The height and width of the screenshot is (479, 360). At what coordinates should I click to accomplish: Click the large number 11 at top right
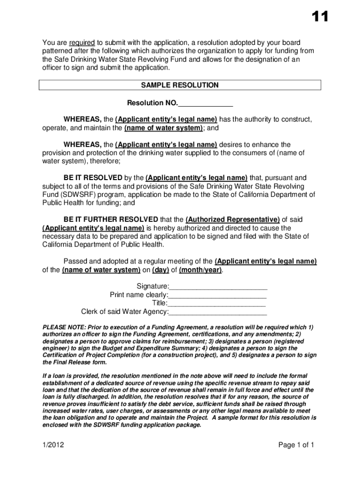coord(320,17)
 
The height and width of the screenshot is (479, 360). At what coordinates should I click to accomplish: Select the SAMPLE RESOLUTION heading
coord(180,85)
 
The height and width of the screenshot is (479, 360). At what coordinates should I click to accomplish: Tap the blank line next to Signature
coord(218,286)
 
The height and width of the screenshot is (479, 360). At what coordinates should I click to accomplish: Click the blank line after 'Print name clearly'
coord(217,295)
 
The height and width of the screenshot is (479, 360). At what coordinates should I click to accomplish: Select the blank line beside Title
coord(217,303)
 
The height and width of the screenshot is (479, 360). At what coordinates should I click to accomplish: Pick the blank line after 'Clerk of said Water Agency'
coord(218,312)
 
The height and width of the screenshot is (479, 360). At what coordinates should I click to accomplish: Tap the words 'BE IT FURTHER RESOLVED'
coord(111,220)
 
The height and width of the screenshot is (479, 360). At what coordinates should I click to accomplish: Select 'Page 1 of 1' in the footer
coord(296,445)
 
